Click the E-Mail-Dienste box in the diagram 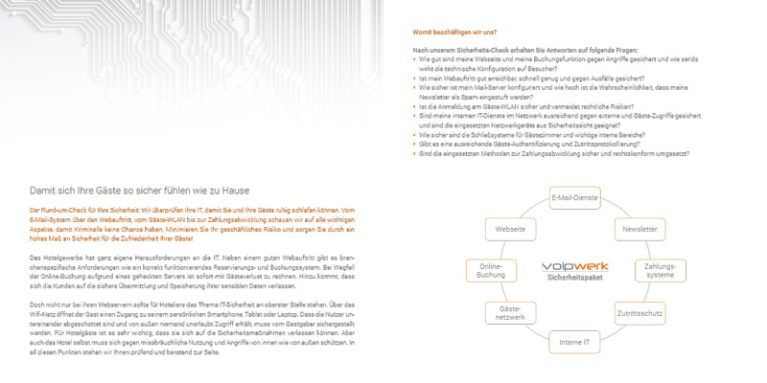(575, 198)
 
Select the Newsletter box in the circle (639, 230)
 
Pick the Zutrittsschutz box (639, 312)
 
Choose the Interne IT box (575, 343)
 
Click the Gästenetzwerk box (510, 312)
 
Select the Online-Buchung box (491, 271)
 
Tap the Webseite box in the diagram (510, 230)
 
